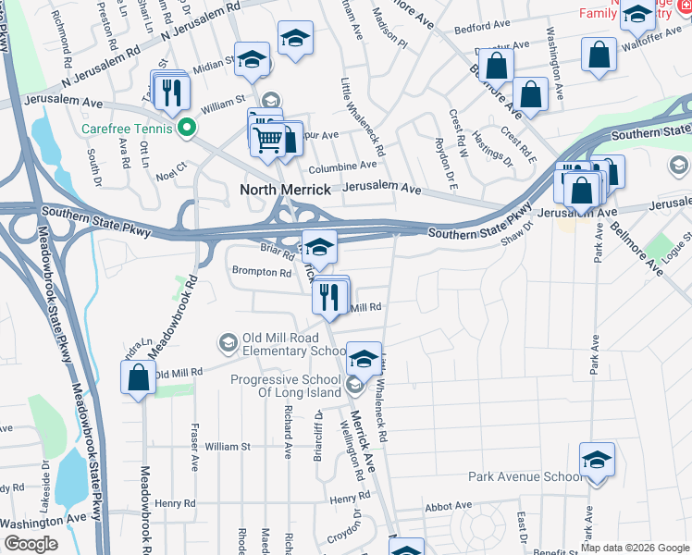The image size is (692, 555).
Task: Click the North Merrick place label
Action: click(285, 190)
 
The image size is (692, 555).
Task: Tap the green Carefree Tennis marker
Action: click(187, 129)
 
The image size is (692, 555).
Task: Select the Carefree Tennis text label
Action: click(130, 129)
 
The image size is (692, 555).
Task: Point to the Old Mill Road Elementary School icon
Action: click(228, 344)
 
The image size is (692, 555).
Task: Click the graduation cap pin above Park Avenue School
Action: click(597, 460)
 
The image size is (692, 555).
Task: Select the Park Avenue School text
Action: click(525, 477)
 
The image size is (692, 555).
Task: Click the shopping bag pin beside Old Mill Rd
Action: click(139, 377)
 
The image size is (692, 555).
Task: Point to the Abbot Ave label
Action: click(449, 507)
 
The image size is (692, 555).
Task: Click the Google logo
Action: click(31, 544)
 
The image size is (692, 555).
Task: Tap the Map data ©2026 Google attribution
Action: click(635, 548)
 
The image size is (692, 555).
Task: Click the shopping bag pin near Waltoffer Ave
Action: click(599, 55)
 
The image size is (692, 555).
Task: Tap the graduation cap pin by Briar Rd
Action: click(319, 247)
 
